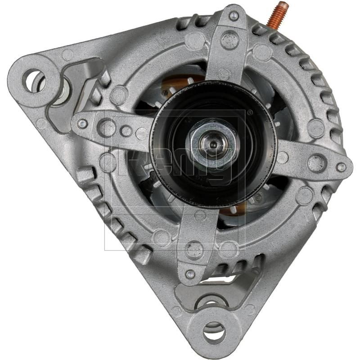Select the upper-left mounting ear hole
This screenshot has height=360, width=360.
34,80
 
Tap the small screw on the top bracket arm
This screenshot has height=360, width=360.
233,16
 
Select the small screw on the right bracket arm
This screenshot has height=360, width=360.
341,167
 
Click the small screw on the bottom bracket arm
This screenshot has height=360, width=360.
190,273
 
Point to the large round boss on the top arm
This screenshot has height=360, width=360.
229,40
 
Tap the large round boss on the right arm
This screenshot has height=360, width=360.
316,162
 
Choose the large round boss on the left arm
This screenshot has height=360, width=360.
107,127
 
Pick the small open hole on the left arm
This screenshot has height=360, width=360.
126,131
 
